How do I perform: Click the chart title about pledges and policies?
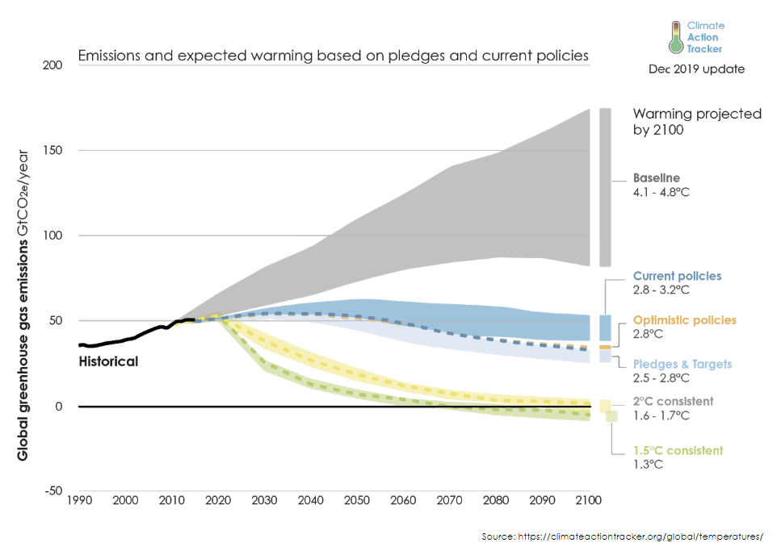tap(333, 56)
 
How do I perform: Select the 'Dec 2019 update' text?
tap(696, 69)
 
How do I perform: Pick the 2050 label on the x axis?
tap(355, 501)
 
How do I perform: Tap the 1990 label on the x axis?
tap(78, 501)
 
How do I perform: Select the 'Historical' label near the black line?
tap(108, 361)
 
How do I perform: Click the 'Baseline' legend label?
tap(656, 178)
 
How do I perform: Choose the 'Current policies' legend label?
tap(677, 276)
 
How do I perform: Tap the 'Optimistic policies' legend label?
tap(684, 320)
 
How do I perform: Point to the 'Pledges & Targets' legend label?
tap(682, 364)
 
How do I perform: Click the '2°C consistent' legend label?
tap(673, 401)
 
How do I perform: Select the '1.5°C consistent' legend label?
tap(678, 451)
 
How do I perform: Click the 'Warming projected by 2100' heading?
tap(696, 121)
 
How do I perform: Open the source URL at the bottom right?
tap(622, 536)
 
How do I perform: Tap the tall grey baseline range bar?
tap(605, 186)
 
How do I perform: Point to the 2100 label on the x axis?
tap(586, 501)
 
